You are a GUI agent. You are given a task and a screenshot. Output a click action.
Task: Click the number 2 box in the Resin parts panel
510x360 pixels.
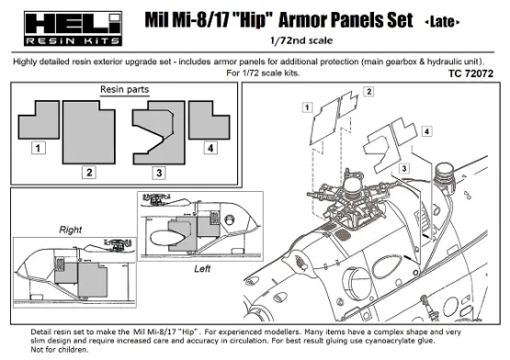pyautogui.click(x=88, y=172)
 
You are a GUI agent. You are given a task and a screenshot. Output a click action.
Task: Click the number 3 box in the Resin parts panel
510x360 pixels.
pyautogui.click(x=158, y=172)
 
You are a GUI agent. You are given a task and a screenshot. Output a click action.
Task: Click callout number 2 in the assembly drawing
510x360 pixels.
pyautogui.click(x=367, y=93)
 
